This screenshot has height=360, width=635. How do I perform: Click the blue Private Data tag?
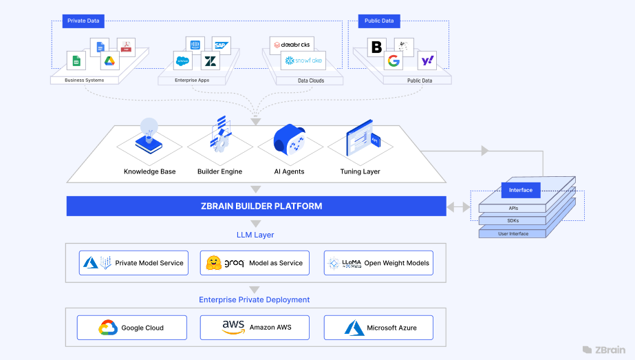(x=83, y=21)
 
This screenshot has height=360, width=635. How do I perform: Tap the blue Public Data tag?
(x=379, y=21)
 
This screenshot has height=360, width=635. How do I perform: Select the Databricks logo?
(x=292, y=45)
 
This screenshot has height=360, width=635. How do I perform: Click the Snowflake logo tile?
(x=303, y=61)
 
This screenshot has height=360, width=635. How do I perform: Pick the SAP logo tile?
(x=221, y=45)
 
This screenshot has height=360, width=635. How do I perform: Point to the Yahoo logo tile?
(x=427, y=61)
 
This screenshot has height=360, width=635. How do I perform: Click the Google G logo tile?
(x=394, y=61)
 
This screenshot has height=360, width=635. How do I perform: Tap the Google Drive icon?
(x=109, y=61)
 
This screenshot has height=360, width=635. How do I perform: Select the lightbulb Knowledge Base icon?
(x=149, y=134)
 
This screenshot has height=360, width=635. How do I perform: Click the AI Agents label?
(x=289, y=171)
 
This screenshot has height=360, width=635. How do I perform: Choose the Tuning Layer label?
(x=360, y=171)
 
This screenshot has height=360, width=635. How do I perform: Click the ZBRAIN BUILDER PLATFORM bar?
(x=256, y=206)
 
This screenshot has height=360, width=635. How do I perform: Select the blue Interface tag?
(x=521, y=190)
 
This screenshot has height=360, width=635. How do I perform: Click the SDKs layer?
(x=513, y=220)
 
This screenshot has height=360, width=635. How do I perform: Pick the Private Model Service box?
(x=133, y=263)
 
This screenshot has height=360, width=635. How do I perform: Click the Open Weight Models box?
(x=378, y=263)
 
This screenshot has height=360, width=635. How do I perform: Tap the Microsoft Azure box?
(x=378, y=327)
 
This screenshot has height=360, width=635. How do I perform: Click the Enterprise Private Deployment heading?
(x=255, y=299)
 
